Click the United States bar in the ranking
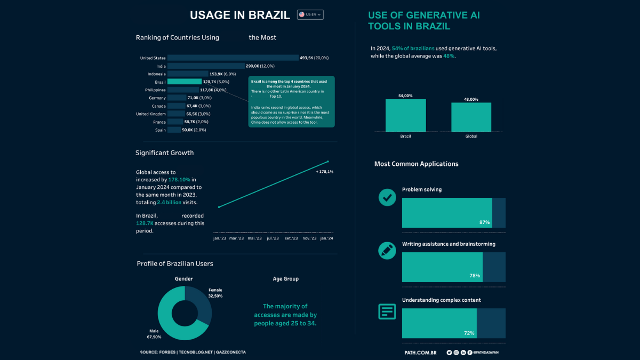(x=233, y=58)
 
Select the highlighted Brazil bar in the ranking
(x=185, y=82)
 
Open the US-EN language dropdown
(x=310, y=15)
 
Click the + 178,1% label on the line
(x=324, y=172)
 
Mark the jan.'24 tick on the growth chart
(x=326, y=238)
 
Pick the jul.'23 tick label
(x=273, y=238)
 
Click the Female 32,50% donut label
(x=215, y=293)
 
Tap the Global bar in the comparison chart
(x=471, y=117)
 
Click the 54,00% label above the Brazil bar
(x=405, y=96)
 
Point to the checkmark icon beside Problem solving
(x=387, y=197)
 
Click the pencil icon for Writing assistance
(x=387, y=250)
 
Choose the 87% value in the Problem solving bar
(x=484, y=222)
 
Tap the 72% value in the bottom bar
(x=469, y=333)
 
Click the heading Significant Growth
(x=164, y=153)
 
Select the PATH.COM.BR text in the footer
(x=421, y=353)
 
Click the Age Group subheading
(x=286, y=279)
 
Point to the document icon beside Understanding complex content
(x=387, y=311)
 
